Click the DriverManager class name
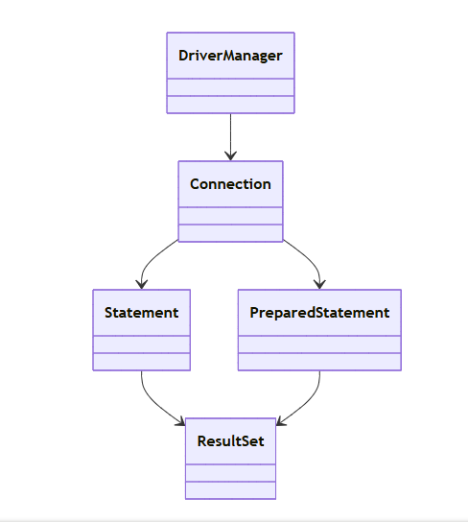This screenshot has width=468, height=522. (x=230, y=56)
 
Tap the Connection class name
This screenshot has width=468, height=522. (x=230, y=184)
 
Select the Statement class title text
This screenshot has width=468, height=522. (x=142, y=313)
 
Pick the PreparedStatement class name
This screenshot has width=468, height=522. (x=319, y=313)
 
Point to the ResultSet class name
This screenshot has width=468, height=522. (x=230, y=441)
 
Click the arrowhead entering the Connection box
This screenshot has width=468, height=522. (x=230, y=155)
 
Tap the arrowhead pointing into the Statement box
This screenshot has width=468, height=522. (x=142, y=284)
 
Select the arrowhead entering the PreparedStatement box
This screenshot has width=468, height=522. (x=319, y=284)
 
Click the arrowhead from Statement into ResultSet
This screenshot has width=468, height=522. (x=180, y=421)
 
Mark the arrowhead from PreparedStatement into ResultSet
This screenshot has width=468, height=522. (x=281, y=421)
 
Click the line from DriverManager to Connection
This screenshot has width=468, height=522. (x=230, y=137)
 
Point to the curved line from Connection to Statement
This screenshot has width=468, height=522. (x=150, y=261)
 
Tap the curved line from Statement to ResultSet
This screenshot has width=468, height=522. (x=153, y=403)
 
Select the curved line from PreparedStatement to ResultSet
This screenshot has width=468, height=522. (x=309, y=403)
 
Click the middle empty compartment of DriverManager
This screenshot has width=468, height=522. (x=230, y=87)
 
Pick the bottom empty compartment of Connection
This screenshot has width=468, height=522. (x=230, y=233)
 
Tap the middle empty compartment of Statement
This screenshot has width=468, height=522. (x=142, y=344)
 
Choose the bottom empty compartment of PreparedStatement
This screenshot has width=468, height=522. (x=319, y=362)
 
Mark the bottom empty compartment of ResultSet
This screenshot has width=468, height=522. (x=230, y=490)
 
